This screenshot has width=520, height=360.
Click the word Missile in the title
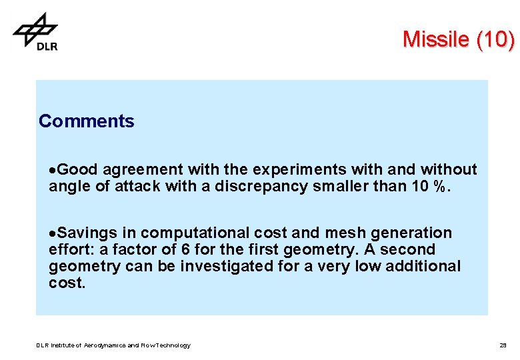coord(436,40)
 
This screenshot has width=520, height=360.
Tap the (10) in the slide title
coord(495,40)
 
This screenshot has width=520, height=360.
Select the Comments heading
coord(86,121)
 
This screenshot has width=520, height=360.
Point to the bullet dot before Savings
coord(51,234)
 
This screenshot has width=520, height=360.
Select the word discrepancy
coord(260,186)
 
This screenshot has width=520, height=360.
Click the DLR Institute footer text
coord(113,345)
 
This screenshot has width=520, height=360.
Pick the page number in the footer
coord(503,345)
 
